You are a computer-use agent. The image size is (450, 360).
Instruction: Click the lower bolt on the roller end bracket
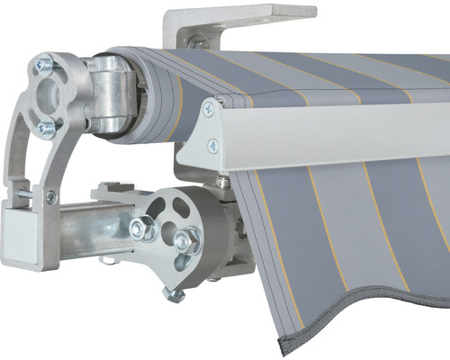click(x=46, y=129)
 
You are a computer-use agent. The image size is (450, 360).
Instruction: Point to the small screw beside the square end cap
click(x=50, y=197)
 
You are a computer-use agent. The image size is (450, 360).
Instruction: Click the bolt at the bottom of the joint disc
click(x=173, y=292)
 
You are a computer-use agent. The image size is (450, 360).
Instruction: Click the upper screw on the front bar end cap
click(x=209, y=109)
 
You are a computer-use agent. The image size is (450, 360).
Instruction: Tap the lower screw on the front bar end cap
click(x=213, y=145)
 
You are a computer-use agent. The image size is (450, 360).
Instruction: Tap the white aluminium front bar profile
click(x=333, y=135)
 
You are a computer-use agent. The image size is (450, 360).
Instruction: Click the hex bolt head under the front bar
click(x=223, y=183)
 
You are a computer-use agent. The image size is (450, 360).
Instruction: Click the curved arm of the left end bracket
click(x=22, y=153)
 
